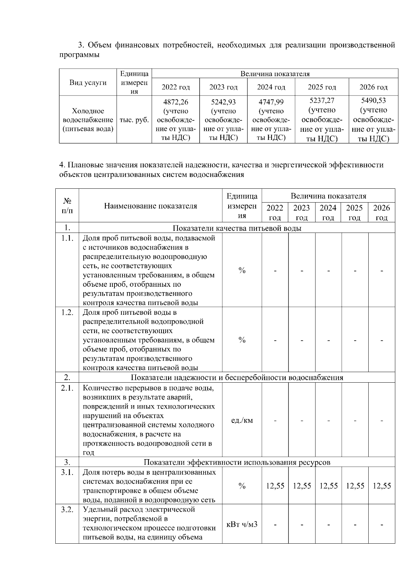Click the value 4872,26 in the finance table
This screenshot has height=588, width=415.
coord(176,102)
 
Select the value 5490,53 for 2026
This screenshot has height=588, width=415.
coord(373,100)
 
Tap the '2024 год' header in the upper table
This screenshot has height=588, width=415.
coord(271,87)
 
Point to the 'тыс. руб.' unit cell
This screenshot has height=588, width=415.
coord(134,120)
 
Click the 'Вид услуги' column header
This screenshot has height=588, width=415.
coord(88,83)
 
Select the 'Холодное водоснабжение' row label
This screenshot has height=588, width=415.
coord(88,120)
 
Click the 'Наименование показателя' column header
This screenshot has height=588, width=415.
coord(150,206)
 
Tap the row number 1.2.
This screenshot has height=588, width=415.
coord(67,312)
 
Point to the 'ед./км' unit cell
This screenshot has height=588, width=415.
coord(242,420)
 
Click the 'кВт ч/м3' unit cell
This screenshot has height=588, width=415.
coord(242,524)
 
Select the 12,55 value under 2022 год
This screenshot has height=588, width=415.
coord(275,486)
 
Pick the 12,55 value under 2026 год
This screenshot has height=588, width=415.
coord(381,486)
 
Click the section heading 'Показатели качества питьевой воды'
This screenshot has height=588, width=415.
coord(237,228)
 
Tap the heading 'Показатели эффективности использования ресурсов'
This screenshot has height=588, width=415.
coord(237,462)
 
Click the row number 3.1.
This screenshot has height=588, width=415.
coord(67,472)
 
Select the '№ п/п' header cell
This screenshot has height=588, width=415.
coord(67,206)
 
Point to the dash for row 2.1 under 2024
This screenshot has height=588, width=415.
coord(328,420)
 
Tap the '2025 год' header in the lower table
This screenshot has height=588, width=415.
coord(354,212)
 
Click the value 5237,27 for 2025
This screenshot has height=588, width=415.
coord(322,100)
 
